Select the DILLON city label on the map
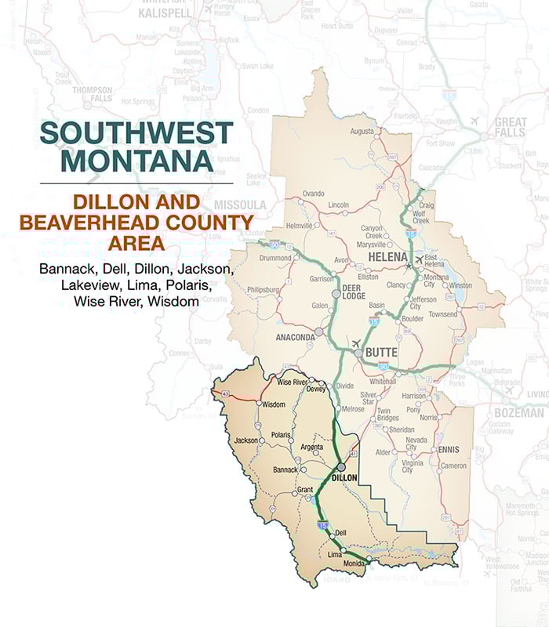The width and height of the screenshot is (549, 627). pyautogui.click(x=344, y=477)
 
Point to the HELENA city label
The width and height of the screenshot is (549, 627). pyautogui.click(x=390, y=257)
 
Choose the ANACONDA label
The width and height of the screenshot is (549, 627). pyautogui.click(x=296, y=338)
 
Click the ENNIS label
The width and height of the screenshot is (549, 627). pyautogui.click(x=449, y=451)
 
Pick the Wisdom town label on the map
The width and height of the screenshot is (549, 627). pyautogui.click(x=274, y=404)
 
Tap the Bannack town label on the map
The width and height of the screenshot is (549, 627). pyautogui.click(x=285, y=469)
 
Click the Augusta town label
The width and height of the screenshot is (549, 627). pyautogui.click(x=362, y=131)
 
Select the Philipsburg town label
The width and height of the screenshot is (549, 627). pyautogui.click(x=264, y=290)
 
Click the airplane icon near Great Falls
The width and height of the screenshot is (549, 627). pyautogui.click(x=475, y=121)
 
